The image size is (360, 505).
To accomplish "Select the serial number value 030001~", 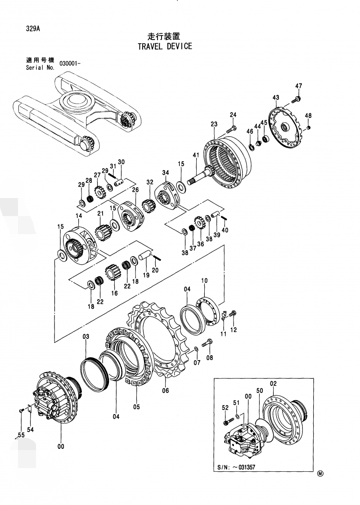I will pyautogui.click(x=70, y=64).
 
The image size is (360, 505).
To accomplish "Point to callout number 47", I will pyautogui.click(x=299, y=86).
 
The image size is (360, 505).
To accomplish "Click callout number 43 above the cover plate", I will pyautogui.click(x=276, y=98).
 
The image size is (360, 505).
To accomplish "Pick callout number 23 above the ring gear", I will pyautogui.click(x=214, y=124).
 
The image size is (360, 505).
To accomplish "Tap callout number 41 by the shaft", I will pyautogui.click(x=196, y=155).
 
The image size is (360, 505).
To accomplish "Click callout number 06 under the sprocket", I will pyautogui.click(x=165, y=391).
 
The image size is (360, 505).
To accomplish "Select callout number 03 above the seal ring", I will pyautogui.click(x=86, y=337).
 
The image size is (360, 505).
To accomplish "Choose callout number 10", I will pyautogui.click(x=204, y=281).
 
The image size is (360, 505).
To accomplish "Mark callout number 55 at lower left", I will pyautogui.click(x=21, y=435).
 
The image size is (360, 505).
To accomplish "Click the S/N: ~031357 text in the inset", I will pyautogui.click(x=234, y=467).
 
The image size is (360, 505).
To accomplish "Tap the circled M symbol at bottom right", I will pyautogui.click(x=320, y=473).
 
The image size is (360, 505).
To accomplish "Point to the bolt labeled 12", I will pyautogui.click(x=232, y=314).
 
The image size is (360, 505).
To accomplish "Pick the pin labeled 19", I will pyautogui.click(x=145, y=255).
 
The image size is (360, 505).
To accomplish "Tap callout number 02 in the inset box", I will pyautogui.click(x=273, y=383).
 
